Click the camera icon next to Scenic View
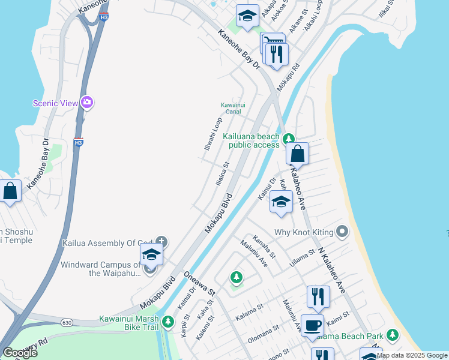87,103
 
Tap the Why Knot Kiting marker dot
342,231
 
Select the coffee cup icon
312,325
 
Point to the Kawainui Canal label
233,108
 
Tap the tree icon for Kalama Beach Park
393,334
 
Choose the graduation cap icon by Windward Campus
151,254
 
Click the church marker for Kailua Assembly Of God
161,242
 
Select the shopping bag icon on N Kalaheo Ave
297,154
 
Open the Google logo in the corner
20,353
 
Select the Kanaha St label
265,247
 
